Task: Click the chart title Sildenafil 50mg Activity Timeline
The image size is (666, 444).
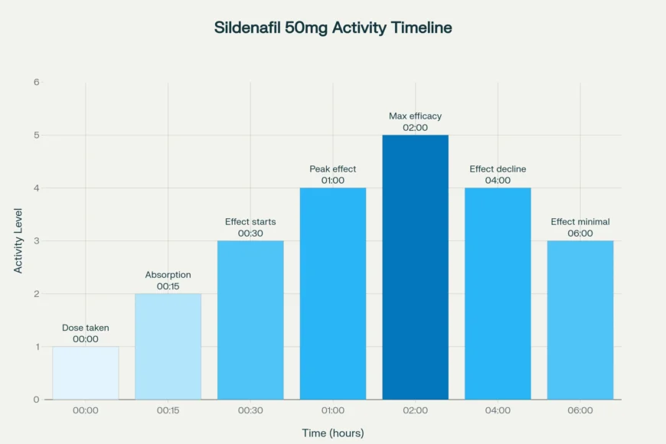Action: (x=333, y=28)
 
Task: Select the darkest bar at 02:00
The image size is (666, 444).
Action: (x=416, y=268)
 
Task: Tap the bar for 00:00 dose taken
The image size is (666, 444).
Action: (x=86, y=374)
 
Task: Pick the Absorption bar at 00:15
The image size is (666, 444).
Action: (x=168, y=347)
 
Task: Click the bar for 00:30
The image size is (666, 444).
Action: (x=250, y=320)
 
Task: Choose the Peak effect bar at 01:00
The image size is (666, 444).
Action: (x=333, y=294)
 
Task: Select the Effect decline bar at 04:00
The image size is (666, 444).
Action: (x=498, y=294)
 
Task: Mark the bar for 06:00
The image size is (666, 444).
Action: (x=580, y=320)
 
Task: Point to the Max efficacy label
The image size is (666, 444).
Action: (x=416, y=116)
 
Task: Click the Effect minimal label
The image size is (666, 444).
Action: (x=580, y=222)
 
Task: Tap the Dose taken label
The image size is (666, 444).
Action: (x=86, y=328)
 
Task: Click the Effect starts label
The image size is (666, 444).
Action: (x=250, y=222)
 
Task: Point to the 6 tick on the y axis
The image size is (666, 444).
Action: (x=36, y=82)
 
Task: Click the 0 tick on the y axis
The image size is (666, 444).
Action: (x=36, y=400)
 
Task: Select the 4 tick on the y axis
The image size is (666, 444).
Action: (x=36, y=188)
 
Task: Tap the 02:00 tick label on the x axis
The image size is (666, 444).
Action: (x=416, y=411)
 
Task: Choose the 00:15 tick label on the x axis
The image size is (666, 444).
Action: (x=168, y=411)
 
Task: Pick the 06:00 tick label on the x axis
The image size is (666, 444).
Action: (x=580, y=411)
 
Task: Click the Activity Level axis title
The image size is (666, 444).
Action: (x=18, y=240)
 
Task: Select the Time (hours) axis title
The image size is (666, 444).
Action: (x=333, y=433)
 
